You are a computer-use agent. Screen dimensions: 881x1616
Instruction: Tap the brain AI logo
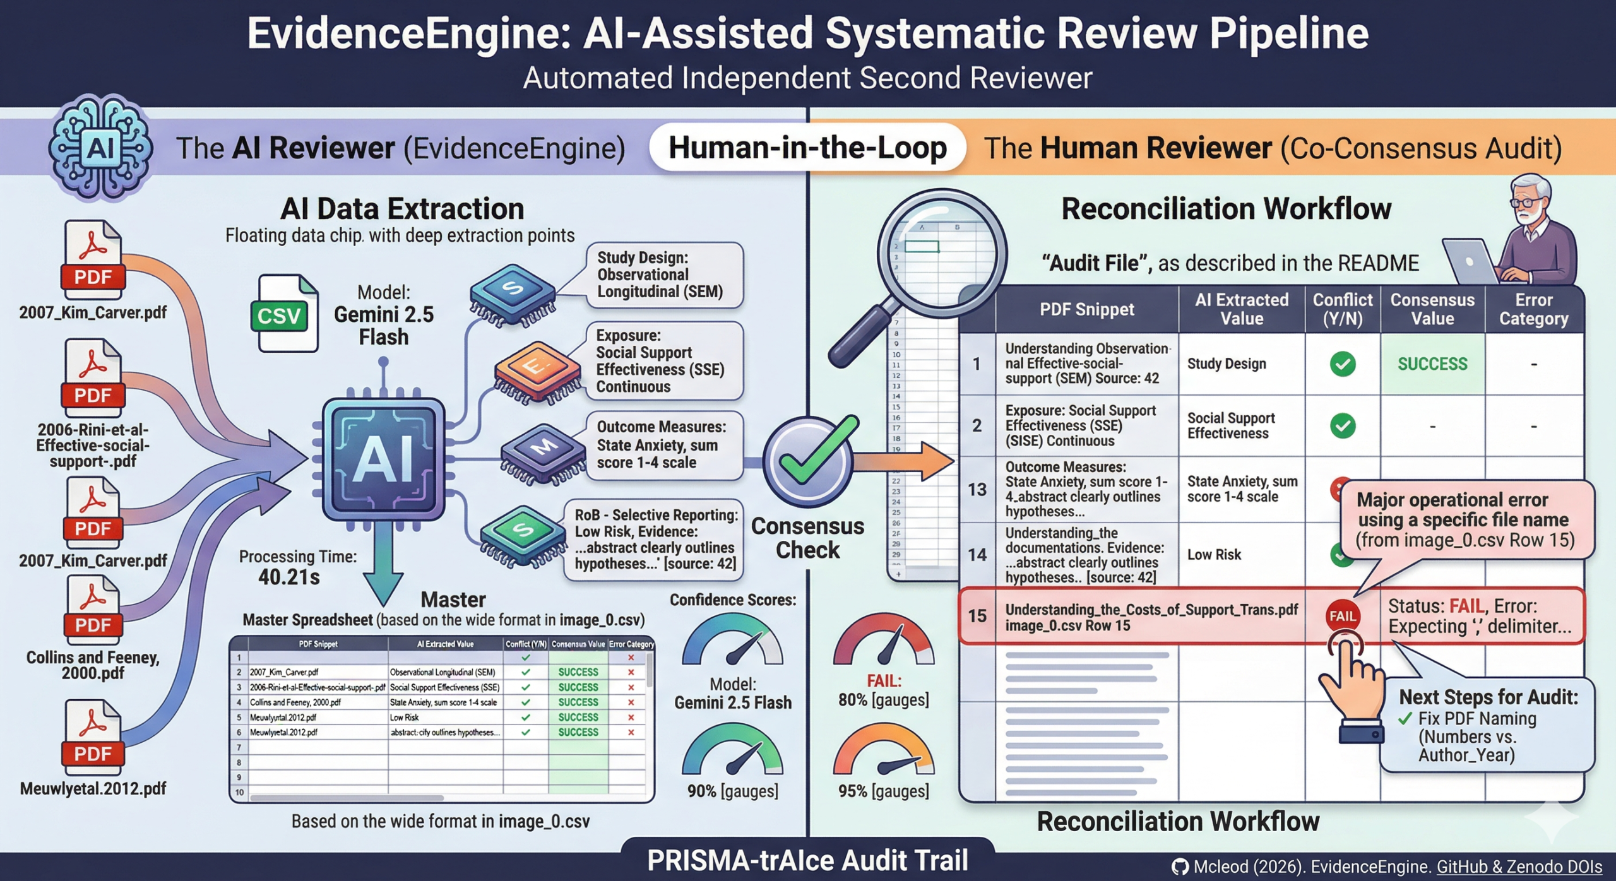coord(101,148)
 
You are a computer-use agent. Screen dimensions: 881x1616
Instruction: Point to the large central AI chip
coord(383,459)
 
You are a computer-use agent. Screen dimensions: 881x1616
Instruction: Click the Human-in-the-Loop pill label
coord(807,148)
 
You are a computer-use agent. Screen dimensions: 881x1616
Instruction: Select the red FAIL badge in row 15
coord(1342,616)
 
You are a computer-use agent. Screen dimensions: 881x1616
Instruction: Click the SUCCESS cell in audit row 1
coord(1432,364)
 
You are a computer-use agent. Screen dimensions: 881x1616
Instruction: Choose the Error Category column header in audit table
coord(1533,309)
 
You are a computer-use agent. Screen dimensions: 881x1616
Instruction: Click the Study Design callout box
coord(664,275)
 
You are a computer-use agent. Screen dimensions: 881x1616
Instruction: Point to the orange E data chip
coord(537,370)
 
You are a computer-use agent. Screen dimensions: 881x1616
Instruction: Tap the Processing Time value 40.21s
coord(289,577)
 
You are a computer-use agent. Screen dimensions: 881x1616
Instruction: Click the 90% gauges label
coord(732,791)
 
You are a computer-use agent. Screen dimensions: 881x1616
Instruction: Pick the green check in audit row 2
coord(1342,426)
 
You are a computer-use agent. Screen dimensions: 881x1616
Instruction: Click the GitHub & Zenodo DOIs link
coord(1519,867)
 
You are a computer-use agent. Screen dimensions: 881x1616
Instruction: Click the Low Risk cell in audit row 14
coord(1214,555)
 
